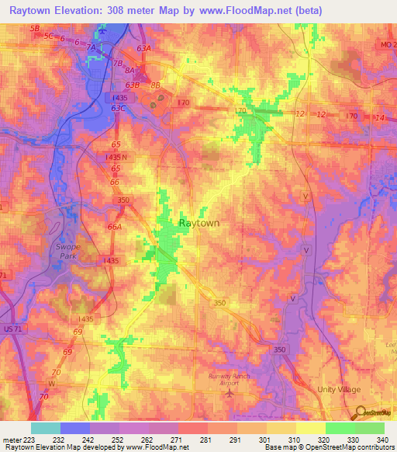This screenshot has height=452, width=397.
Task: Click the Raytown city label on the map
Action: [199, 222]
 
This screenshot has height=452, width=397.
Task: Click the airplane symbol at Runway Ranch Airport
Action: [229, 393]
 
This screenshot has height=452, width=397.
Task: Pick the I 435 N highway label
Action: [120, 158]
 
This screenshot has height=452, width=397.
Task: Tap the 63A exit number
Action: [143, 48]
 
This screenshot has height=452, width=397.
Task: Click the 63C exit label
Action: [118, 109]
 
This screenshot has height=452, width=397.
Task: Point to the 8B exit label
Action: [155, 85]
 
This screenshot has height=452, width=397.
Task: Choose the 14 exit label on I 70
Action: [378, 117]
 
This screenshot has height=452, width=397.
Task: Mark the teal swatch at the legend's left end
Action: [45, 428]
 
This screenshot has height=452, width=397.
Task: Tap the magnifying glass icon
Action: [360, 412]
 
